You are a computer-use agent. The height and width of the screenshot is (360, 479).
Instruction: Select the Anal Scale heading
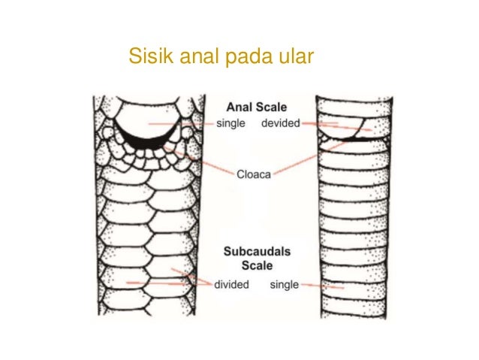pos(256,107)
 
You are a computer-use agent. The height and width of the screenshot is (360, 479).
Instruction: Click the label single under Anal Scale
pos(231,123)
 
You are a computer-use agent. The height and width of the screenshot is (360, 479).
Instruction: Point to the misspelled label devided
pos(281,123)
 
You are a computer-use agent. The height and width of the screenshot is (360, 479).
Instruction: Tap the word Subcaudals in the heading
pos(256,252)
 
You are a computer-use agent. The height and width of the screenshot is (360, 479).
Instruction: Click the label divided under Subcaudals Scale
pos(230,285)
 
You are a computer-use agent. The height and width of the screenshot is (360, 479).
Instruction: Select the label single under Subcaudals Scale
pos(284,285)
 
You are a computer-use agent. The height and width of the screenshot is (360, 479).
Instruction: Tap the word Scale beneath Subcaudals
pos(256,265)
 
